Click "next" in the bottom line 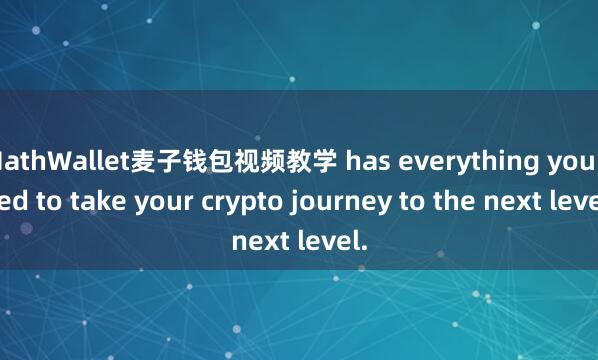tap(259, 240)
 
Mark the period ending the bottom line tap(363, 245)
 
